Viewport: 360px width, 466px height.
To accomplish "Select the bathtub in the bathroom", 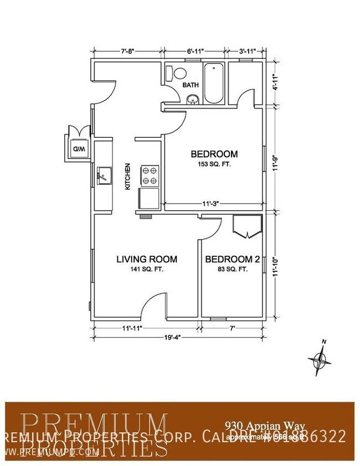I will click(x=213, y=84).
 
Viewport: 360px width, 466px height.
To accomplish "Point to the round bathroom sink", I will click(x=192, y=100).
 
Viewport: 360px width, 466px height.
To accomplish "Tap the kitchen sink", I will click(x=103, y=177).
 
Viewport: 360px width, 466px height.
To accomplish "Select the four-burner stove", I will click(x=150, y=175).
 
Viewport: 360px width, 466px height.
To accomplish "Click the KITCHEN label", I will click(x=127, y=177).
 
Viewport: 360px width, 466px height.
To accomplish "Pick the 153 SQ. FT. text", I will click(x=214, y=165).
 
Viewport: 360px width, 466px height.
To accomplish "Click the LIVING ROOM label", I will click(x=146, y=258).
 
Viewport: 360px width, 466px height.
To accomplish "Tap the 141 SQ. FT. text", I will click(x=147, y=270).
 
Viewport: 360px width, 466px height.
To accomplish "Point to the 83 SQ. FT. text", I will click(x=229, y=270).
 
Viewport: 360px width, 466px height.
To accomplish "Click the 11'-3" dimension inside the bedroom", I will click(x=210, y=204).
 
